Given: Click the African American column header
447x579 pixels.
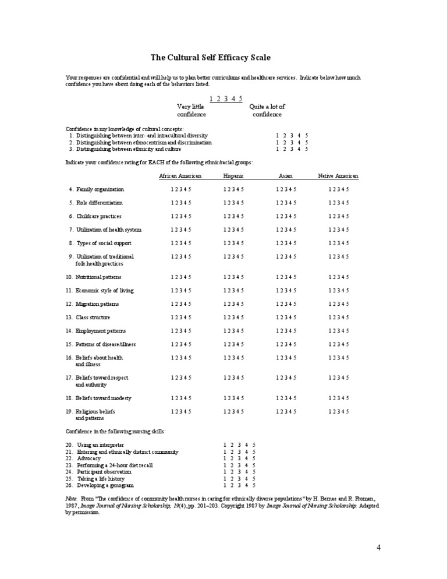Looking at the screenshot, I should (180, 176).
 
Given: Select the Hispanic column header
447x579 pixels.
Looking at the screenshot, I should (233, 176).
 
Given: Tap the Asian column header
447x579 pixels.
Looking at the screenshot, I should (285, 176).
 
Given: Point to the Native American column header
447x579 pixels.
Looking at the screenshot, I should (338, 176).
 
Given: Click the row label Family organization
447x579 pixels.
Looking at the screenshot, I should (100, 189).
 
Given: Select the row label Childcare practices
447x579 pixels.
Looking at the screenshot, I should (98, 216).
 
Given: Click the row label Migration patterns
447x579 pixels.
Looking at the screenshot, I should (97, 304).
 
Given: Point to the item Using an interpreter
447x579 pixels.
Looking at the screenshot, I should (100, 444).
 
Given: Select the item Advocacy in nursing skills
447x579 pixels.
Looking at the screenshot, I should (88, 458).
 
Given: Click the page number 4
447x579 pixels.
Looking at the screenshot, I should (378, 548).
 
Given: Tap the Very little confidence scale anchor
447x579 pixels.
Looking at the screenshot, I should (191, 111).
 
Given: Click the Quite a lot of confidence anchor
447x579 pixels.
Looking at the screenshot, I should (267, 111).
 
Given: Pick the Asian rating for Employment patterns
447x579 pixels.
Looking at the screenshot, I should (286, 331).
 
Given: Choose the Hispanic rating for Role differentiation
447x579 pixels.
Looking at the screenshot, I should (233, 203).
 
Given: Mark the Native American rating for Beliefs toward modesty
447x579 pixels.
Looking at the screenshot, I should (338, 398).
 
